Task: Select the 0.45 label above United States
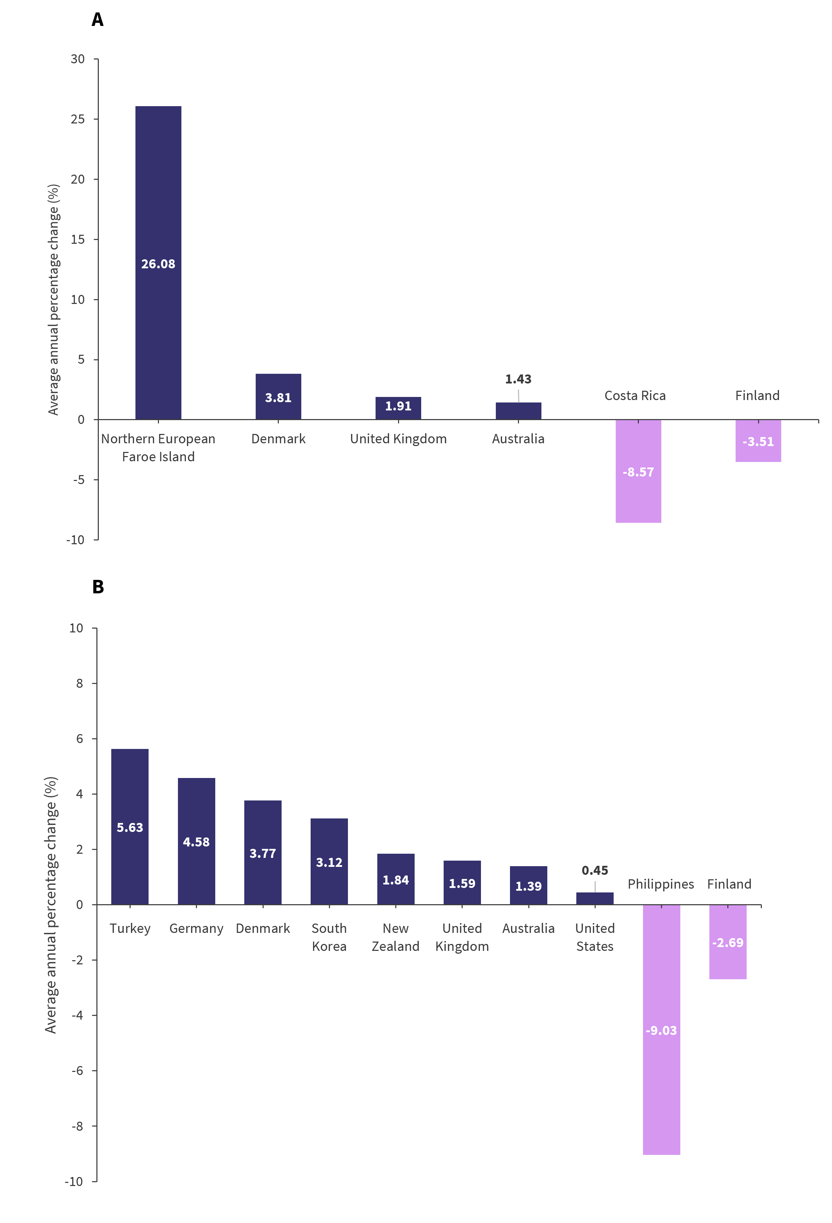coord(595,870)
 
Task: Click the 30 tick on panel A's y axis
coord(78,59)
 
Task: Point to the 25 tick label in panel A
coord(78,119)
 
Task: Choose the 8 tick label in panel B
coord(79,683)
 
